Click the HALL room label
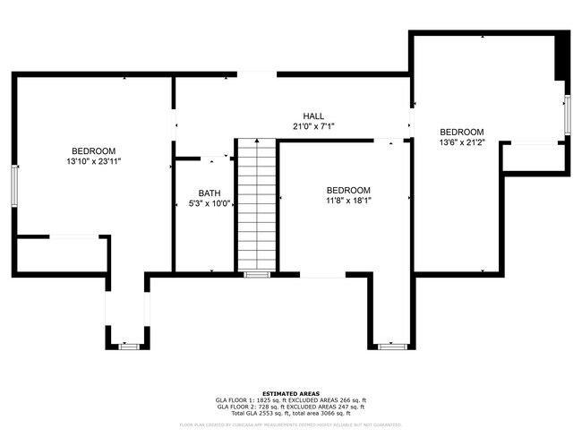tap(313, 116)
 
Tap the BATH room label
tap(210, 193)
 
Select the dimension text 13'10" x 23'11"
tap(93, 162)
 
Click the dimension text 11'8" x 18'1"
tap(347, 201)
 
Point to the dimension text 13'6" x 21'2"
tap(461, 142)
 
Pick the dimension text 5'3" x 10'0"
tap(210, 204)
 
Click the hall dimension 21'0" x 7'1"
tap(313, 127)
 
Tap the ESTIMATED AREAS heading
tap(291, 391)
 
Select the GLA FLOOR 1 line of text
tap(291, 399)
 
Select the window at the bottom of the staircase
tap(257, 274)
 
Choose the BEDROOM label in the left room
tap(93, 150)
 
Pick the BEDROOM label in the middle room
tap(347, 190)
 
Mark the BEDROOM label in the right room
tap(461, 132)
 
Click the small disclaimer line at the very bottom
tap(291, 424)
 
